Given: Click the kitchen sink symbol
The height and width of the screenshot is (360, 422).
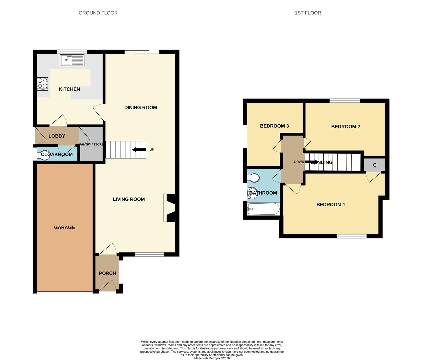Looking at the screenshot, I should click(x=72, y=60).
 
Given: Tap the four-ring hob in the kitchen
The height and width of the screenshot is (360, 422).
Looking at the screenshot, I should click(x=42, y=84).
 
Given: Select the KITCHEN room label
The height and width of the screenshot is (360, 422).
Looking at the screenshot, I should click(x=69, y=89).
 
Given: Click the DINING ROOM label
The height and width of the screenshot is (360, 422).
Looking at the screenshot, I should click(x=140, y=107).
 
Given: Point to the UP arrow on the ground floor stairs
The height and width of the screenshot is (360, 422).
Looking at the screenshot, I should click(x=139, y=150).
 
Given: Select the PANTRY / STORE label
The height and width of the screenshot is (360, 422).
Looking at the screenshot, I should click(x=91, y=144).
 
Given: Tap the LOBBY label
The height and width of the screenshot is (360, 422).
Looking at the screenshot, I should click(x=57, y=136).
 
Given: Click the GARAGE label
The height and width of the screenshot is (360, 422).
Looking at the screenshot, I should click(x=64, y=227).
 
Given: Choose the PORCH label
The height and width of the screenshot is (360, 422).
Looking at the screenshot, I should click(x=107, y=273).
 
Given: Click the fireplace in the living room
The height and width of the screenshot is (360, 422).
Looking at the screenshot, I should click(x=171, y=208).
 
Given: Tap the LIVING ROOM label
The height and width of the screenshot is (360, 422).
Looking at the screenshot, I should click(x=129, y=199).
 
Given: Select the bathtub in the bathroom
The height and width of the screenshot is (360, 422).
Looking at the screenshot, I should click(x=263, y=209).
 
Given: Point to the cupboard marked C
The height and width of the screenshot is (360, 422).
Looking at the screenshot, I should click(x=374, y=165).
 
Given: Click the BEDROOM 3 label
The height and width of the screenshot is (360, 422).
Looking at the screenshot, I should click(x=274, y=126).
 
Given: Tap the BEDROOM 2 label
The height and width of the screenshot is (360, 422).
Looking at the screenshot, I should click(x=345, y=127).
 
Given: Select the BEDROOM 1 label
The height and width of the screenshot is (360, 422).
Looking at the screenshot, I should click(x=331, y=205).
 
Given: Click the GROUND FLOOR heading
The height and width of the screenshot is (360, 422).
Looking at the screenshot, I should click(x=98, y=13).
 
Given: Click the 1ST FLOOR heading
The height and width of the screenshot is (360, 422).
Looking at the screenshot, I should click(x=308, y=13).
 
